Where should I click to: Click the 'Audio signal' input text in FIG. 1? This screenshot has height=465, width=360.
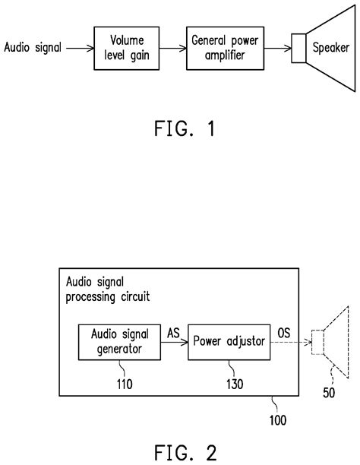(31, 48)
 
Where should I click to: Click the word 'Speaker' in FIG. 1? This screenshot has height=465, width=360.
(331, 48)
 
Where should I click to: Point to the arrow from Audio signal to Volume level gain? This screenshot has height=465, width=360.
(78, 48)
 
